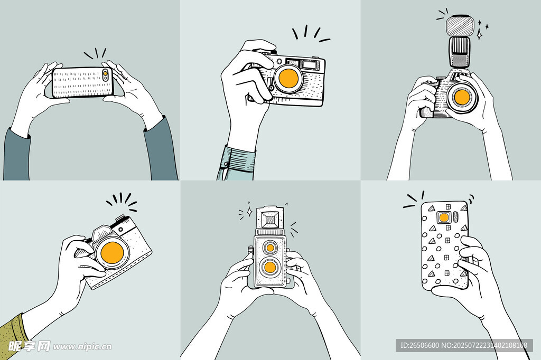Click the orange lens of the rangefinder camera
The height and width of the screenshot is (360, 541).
288,78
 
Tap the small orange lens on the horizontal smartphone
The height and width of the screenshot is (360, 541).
105,73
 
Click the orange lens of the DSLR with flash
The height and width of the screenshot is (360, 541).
462,97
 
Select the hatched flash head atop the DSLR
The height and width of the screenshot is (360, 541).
459,25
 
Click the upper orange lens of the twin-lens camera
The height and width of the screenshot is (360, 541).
270,248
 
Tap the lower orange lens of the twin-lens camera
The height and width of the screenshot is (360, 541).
269,267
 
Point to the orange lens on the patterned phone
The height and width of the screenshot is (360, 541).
444,217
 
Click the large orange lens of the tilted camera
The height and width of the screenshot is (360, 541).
112,253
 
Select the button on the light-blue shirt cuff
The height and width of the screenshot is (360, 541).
226,164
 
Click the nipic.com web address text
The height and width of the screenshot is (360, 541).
82,346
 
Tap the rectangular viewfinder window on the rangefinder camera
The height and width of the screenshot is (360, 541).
309,64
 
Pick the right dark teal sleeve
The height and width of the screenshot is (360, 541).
161,149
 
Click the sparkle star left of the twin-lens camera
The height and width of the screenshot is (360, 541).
249,212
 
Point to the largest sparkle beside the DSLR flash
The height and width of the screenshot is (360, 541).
479,34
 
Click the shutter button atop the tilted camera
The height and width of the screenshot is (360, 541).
120,218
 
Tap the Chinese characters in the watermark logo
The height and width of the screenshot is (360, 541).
29,346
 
